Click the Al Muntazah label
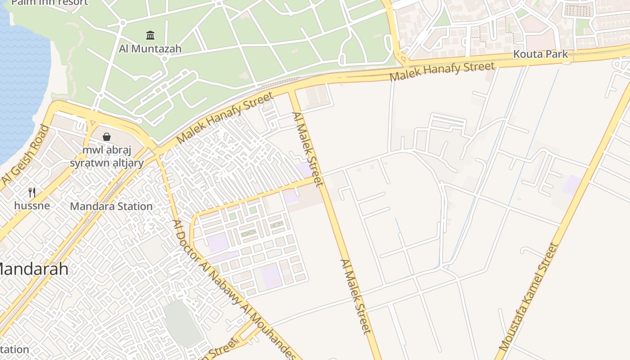[150, 49]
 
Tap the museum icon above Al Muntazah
[150, 35]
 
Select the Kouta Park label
[541, 54]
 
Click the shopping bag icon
[107, 136]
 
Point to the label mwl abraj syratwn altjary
[107, 156]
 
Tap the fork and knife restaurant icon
[32, 193]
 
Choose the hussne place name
[32, 206]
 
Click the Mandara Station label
[111, 207]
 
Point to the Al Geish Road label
[25, 155]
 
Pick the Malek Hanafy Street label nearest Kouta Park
[442, 72]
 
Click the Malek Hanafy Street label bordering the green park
[225, 118]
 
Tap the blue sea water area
[20, 81]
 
